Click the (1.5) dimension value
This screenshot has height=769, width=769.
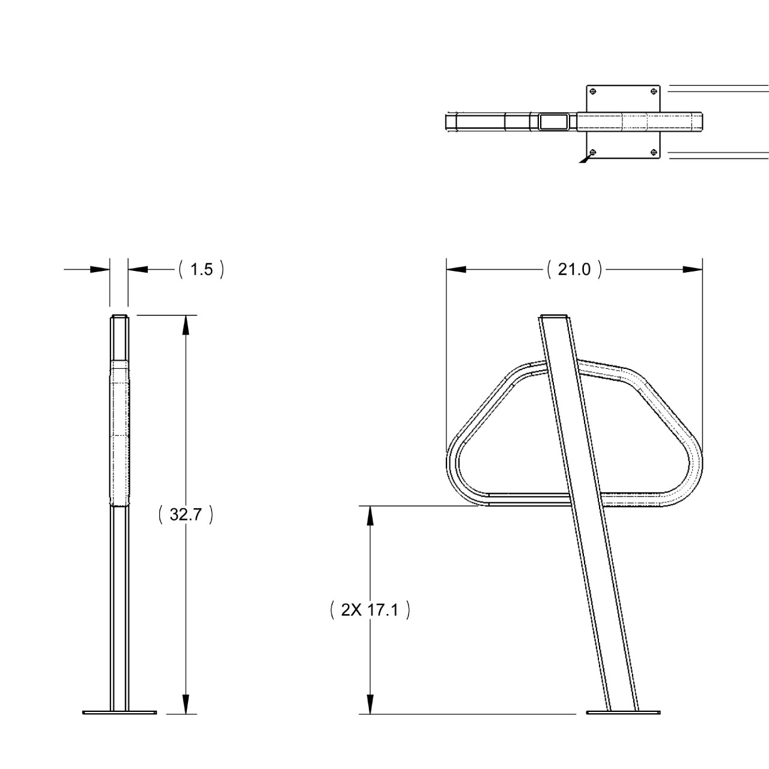201,270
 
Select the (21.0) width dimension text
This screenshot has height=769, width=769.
574,270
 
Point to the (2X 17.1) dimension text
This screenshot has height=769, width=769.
370,611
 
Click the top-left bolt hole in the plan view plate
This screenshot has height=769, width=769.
593,91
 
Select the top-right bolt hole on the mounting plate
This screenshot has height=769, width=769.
654,91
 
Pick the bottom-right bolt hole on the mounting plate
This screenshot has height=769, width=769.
654,152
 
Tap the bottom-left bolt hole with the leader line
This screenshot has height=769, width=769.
593,152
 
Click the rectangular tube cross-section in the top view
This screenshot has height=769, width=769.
553,122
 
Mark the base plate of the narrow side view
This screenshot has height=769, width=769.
120,713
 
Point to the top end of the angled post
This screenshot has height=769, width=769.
556,317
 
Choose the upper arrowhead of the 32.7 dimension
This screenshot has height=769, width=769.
186,325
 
